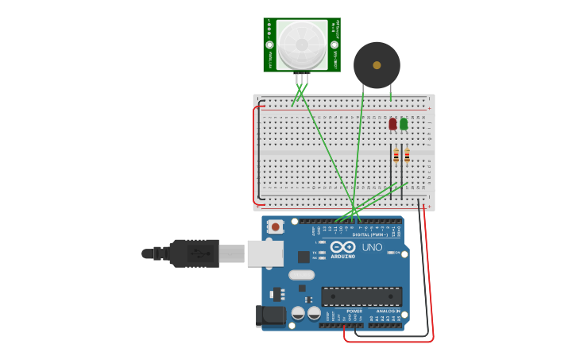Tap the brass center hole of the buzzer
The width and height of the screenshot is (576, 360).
click(377, 65)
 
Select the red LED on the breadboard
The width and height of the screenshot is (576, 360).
click(392, 124)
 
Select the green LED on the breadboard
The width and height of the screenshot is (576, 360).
click(404, 124)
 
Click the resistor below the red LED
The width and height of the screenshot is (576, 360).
click(396, 155)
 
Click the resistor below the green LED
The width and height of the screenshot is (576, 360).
click(407, 155)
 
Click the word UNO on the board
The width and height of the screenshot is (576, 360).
click(372, 248)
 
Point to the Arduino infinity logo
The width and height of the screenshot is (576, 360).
click(343, 247)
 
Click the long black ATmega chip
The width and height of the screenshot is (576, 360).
click(361, 296)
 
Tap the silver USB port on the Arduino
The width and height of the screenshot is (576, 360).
click(265, 254)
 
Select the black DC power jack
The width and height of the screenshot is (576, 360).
click(271, 315)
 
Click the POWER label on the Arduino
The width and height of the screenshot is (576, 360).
click(354, 311)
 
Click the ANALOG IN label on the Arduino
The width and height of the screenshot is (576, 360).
click(389, 311)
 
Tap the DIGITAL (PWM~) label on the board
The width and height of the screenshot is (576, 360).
click(370, 234)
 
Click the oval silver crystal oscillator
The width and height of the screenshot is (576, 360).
click(301, 275)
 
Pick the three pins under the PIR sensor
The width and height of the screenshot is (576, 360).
click(302, 79)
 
